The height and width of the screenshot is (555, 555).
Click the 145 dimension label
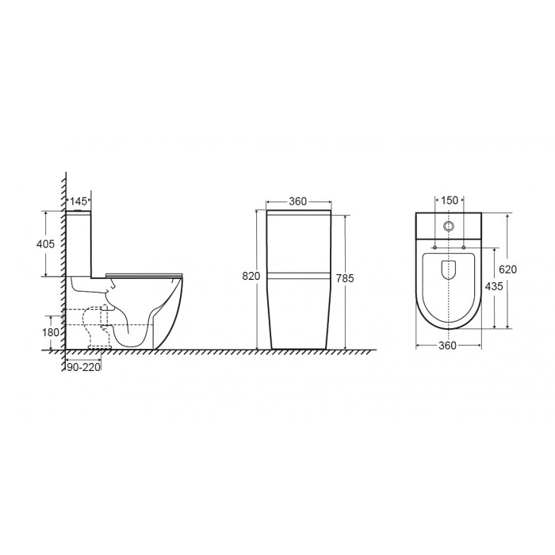tap(78, 201)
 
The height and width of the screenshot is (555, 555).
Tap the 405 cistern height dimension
tap(46, 244)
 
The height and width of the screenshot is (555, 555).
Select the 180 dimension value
tap(51, 333)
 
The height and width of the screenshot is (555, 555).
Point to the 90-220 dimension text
tap(83, 368)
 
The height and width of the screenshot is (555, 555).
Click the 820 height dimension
tap(251, 276)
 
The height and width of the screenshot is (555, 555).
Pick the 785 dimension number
tap(345, 278)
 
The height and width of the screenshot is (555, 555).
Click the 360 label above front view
tap(297, 201)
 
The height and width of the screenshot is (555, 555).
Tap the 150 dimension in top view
tap(450, 201)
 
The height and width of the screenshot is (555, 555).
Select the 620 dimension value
tap(507, 270)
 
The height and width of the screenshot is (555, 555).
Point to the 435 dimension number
tap(494, 286)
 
